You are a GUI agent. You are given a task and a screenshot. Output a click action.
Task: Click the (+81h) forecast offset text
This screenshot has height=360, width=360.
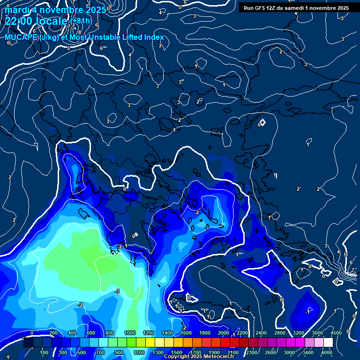tap(81, 21)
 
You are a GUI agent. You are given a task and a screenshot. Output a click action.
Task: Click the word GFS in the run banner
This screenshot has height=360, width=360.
tap(262, 8)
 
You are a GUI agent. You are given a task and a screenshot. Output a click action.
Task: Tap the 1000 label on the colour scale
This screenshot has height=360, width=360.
tap(130, 333)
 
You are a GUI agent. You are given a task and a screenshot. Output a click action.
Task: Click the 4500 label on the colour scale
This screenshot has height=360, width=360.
tap(336, 333)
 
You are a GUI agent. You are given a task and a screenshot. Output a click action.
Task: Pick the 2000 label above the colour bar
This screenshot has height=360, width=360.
tap(224, 333)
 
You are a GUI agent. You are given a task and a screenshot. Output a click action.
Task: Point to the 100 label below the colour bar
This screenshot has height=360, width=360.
tap(45, 352)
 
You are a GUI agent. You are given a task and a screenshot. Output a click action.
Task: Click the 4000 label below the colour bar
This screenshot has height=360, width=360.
tap(327, 352)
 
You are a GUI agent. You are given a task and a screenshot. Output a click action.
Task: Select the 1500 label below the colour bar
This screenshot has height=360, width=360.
tap(177, 352)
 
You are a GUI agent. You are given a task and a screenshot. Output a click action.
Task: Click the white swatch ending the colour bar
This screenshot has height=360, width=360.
tap(328, 343)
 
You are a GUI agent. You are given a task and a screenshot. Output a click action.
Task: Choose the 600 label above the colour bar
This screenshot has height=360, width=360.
tap(91, 333)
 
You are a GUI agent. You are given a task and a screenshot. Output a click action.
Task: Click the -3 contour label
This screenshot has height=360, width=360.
tap(117, 291)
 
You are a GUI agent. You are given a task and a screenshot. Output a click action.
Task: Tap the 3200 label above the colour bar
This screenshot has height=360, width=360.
tap(299, 333)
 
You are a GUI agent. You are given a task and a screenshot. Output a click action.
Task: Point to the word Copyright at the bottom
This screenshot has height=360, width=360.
tap(180, 357)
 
